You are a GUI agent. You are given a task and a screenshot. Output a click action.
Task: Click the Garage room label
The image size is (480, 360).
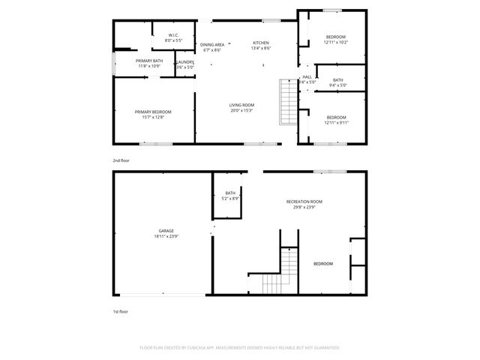coord(166,230)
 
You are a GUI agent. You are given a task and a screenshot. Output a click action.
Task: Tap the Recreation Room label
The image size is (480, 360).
coord(304,202)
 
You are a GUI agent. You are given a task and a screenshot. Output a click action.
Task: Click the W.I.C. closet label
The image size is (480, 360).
coord(173,34)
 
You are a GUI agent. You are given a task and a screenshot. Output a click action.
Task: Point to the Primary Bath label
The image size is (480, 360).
coord(149,61)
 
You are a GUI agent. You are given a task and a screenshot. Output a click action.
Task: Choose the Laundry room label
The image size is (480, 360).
coord(185,62)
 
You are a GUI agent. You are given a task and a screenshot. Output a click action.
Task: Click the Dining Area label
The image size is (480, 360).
coord(211,43)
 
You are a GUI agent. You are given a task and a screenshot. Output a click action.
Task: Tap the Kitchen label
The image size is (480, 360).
coord(260,43)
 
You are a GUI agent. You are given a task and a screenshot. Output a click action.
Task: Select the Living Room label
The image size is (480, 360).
coord(241,105)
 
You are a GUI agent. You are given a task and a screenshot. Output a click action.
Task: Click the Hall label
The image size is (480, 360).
coord(307,76)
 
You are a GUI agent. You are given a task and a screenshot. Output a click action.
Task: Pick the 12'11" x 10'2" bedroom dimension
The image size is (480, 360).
coord(335,42)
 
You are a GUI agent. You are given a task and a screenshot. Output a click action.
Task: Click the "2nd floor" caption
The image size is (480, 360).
coord(120,160)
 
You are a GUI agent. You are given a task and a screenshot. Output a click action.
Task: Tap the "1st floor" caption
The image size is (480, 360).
coord(119,310)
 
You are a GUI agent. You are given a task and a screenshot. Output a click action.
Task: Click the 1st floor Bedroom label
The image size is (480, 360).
coord(323,264)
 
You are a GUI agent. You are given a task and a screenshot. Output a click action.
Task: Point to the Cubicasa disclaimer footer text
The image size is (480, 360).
coord(240,347)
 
